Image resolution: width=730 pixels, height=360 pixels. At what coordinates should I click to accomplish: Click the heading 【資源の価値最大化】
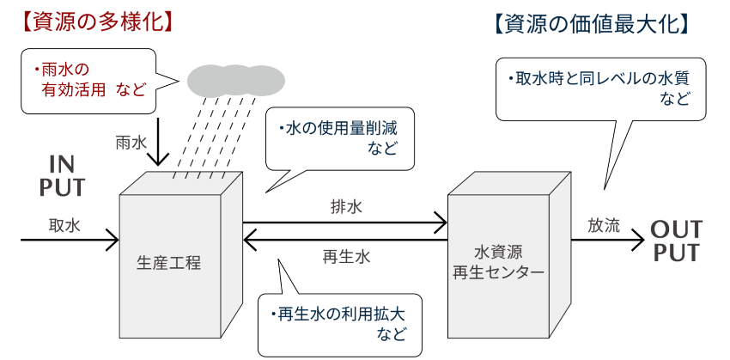593,25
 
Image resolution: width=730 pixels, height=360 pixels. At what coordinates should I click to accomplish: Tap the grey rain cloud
235,81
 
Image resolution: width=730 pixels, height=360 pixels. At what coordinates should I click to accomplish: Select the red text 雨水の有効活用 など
90,79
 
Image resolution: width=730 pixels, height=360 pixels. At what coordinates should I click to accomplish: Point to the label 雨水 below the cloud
131,143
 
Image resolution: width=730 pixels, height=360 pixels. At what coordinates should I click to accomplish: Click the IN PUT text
62,176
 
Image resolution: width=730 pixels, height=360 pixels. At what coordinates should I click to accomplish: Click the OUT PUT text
676,241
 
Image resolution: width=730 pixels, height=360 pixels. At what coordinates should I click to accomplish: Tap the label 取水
64,226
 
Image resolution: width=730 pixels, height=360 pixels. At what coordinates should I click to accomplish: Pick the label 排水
347,206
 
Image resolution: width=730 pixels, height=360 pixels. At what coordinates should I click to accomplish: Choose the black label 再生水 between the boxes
347,256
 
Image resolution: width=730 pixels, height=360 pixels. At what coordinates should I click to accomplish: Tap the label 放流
604,226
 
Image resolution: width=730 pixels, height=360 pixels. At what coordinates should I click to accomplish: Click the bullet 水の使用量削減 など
340,138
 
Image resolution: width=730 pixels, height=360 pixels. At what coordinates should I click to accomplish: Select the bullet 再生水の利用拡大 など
338,323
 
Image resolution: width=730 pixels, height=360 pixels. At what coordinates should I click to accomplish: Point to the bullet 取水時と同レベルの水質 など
601,88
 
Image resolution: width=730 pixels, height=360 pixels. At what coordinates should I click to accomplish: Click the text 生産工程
169,262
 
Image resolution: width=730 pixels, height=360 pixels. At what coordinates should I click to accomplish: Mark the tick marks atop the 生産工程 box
203,176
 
